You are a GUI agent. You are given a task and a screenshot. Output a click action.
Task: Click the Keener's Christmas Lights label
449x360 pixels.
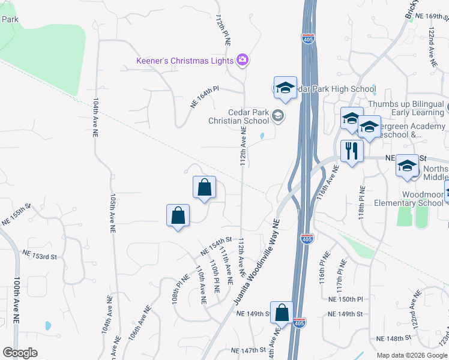185,61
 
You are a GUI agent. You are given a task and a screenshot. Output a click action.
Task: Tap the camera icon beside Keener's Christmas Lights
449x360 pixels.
243,59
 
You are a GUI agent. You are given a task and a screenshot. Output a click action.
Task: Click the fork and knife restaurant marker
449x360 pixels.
352,151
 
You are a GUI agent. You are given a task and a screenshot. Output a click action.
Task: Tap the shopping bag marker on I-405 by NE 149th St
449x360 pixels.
282,313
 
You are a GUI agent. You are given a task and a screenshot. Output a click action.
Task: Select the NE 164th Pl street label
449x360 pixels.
205,96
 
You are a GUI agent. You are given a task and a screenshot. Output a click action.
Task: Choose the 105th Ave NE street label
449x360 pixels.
112,212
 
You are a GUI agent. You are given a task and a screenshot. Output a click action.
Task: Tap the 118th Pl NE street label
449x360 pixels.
362,205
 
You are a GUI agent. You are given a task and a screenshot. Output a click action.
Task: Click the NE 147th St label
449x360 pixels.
248,350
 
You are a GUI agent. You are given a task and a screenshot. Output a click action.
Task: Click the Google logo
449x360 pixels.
20,352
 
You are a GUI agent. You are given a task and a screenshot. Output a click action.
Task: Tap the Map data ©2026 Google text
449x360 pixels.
412,355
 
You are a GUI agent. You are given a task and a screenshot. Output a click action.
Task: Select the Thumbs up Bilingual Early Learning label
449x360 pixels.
406,108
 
